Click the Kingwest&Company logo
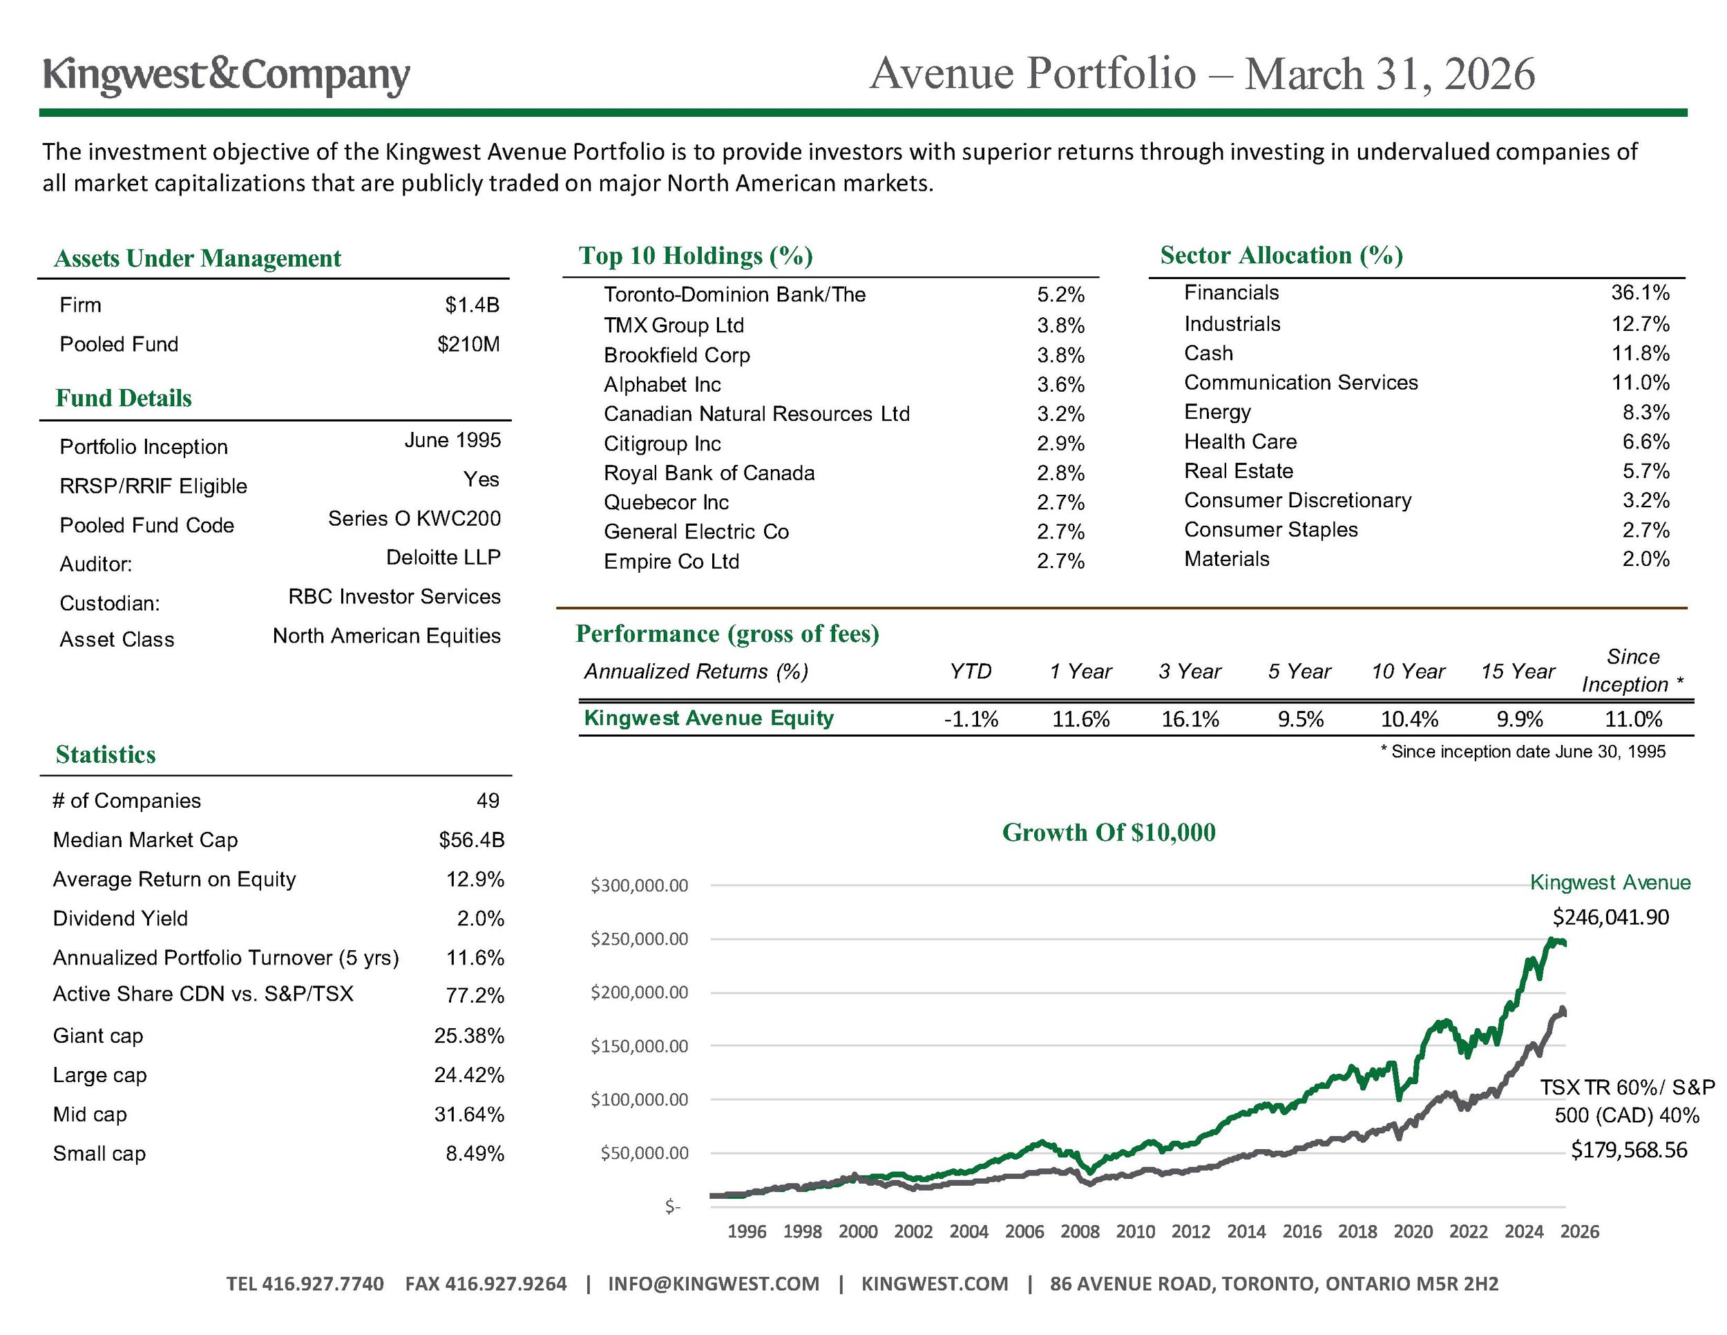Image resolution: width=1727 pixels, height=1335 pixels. pyautogui.click(x=226, y=75)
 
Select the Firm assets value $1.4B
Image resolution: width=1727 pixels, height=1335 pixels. pyautogui.click(x=472, y=305)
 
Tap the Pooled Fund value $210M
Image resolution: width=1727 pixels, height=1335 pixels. pyautogui.click(x=468, y=345)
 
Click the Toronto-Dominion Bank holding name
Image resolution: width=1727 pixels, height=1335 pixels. pyautogui.click(x=734, y=295)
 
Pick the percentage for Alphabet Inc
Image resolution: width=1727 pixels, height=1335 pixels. pyautogui.click(x=1060, y=385)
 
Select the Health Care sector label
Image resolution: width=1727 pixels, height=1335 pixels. pyautogui.click(x=1240, y=442)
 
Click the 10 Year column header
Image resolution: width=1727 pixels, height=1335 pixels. pyautogui.click(x=1408, y=672)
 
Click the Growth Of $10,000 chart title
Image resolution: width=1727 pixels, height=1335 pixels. pyautogui.click(x=1109, y=833)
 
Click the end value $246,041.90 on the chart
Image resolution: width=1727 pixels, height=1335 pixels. pyautogui.click(x=1610, y=918)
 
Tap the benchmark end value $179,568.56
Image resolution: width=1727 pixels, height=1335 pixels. pyautogui.click(x=1629, y=1151)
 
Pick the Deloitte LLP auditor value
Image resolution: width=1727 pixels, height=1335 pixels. pyautogui.click(x=443, y=558)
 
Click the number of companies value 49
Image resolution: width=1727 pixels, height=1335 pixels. pyautogui.click(x=487, y=801)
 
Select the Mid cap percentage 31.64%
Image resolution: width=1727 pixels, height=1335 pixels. pyautogui.click(x=469, y=1115)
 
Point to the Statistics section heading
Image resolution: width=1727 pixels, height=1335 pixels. pyautogui.click(x=106, y=755)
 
